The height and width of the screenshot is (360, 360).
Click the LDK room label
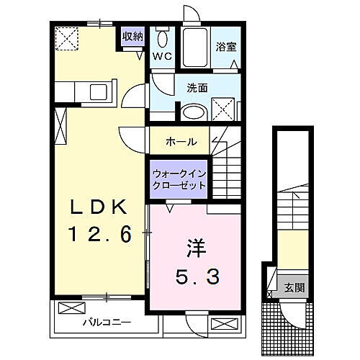pos(100,207)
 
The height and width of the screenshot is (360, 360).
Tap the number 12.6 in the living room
pos(100,234)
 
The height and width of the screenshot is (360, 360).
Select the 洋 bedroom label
pos(194,247)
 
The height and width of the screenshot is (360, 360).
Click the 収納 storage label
pos(132,35)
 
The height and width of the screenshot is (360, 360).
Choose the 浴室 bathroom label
pos(227,48)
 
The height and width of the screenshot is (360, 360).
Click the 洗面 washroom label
pos(197,88)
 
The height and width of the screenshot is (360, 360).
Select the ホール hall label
pos(181,141)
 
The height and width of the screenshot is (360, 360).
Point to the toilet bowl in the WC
pos(163,39)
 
